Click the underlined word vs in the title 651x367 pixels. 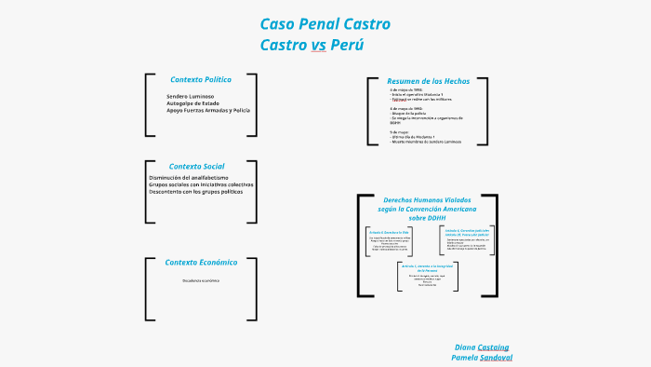pyautogui.click(x=318, y=45)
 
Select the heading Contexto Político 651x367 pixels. pyautogui.click(x=201, y=79)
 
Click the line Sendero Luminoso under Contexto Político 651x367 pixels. pyautogui.click(x=191, y=96)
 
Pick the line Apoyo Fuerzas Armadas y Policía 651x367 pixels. pyautogui.click(x=208, y=110)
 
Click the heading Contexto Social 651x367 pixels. pyautogui.click(x=196, y=166)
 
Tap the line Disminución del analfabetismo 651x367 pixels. pyautogui.click(x=189, y=177)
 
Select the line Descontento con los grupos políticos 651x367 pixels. pyautogui.click(x=195, y=191)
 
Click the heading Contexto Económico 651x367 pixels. pyautogui.click(x=201, y=262)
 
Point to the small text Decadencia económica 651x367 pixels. pyautogui.click(x=201, y=280)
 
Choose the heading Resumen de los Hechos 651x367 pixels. pyautogui.click(x=429, y=81)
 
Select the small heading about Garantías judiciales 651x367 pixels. pyautogui.click(x=467, y=231)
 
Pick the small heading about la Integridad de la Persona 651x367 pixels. pyautogui.click(x=428, y=267)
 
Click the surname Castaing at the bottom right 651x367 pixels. pyautogui.click(x=494, y=347)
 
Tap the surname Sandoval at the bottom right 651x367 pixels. pyautogui.click(x=496, y=357)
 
